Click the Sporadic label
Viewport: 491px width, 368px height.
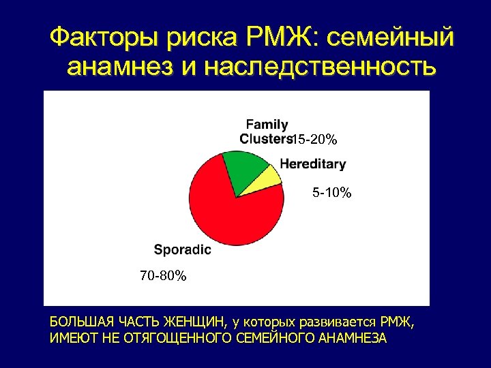[182, 249]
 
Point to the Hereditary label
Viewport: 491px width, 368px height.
[312, 164]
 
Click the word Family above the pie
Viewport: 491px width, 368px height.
[267, 125]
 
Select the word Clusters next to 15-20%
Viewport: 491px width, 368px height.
[265, 138]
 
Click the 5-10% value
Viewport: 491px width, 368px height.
[331, 194]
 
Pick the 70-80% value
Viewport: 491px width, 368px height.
[163, 276]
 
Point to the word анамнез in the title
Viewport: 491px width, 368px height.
[120, 67]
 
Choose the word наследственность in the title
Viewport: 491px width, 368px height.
[318, 67]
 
